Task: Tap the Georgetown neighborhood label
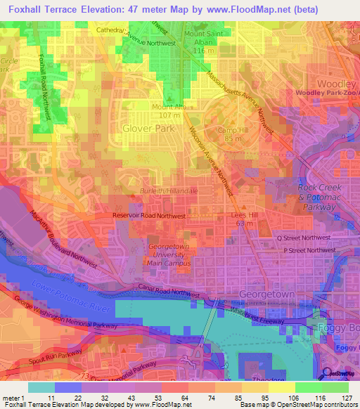click(266, 292)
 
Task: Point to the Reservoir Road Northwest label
click(149, 217)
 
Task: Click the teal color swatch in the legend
click(41, 387)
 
